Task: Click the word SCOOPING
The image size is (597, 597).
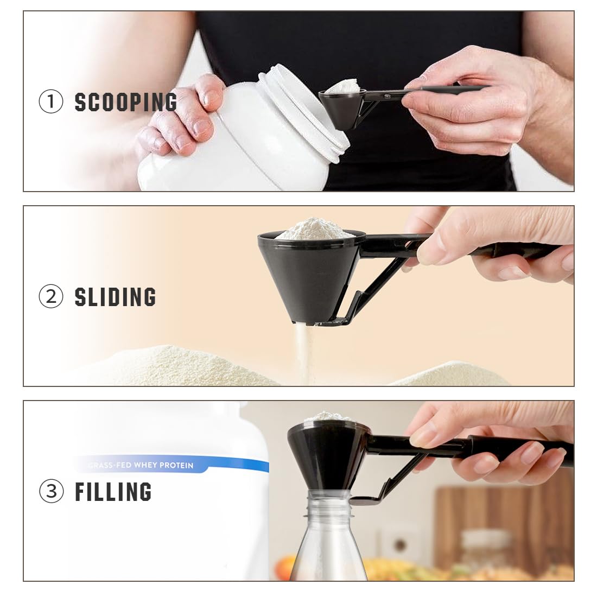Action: tap(125, 102)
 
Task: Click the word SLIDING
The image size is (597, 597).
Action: tap(115, 297)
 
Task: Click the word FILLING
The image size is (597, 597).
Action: tap(113, 492)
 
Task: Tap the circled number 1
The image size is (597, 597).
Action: tap(51, 102)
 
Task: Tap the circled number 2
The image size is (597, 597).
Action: tap(51, 297)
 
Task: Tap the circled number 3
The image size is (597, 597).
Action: tap(51, 492)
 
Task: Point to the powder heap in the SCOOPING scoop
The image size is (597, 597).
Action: tap(343, 86)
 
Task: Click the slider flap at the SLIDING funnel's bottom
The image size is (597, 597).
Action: tap(331, 322)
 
